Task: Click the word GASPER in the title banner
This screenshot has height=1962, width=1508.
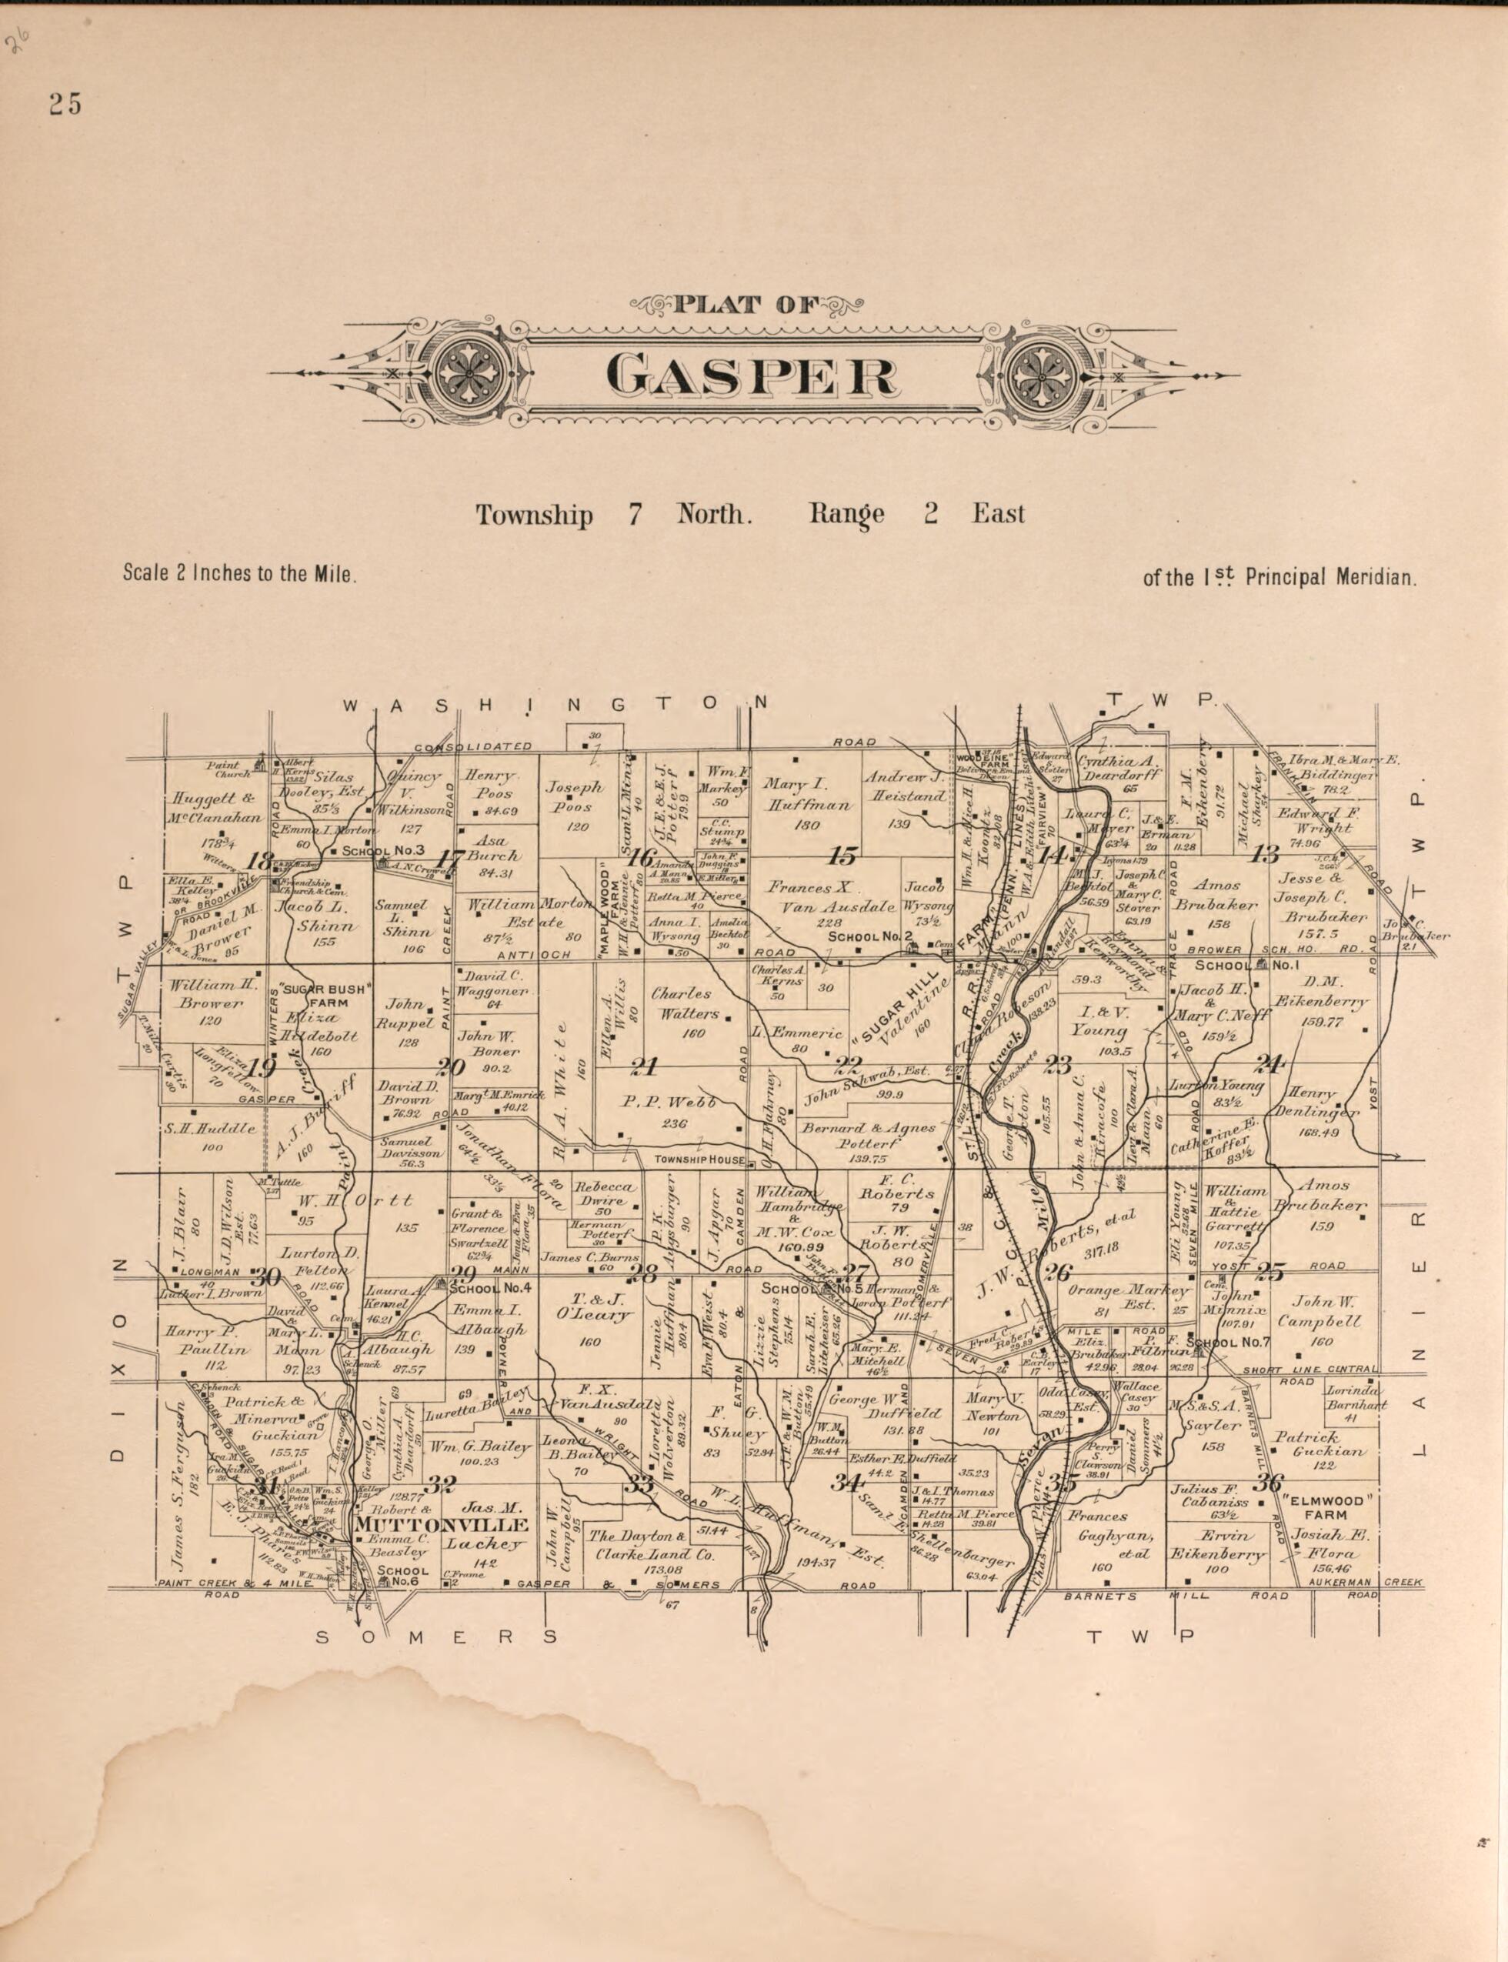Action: [750, 375]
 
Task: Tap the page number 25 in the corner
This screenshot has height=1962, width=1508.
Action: [65, 105]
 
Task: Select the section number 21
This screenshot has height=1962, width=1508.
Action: [643, 1067]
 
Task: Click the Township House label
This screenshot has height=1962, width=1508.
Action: [699, 1160]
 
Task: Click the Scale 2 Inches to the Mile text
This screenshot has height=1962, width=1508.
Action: [240, 573]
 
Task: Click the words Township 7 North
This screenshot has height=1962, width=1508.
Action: [611, 516]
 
